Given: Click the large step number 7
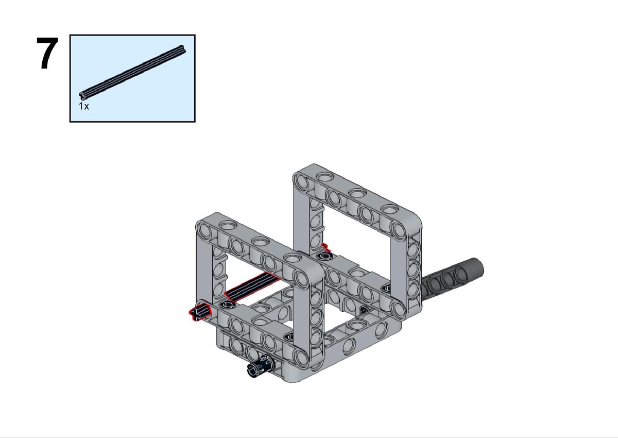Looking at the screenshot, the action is [47, 53].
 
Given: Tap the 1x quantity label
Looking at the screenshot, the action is [84, 106].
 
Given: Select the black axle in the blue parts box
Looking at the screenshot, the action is [133, 72].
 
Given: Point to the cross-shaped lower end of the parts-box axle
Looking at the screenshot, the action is [82, 96].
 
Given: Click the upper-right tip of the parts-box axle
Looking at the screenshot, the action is [183, 48].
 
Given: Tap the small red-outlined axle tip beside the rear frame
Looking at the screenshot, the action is [326, 247].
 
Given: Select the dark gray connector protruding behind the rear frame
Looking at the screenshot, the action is [453, 276].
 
